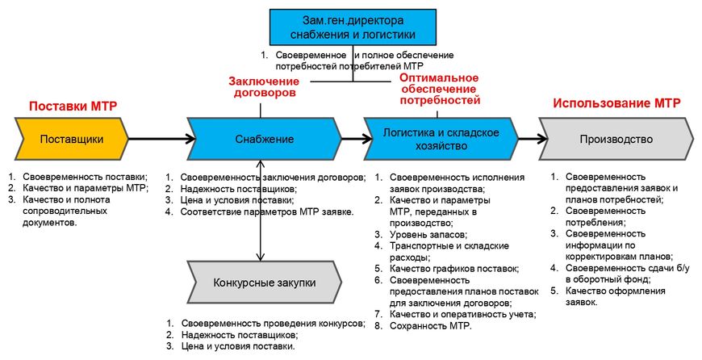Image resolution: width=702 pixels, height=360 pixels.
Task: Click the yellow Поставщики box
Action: [72, 139]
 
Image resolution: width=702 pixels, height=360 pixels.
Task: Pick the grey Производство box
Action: [615, 139]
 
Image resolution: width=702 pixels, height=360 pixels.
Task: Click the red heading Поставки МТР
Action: [70, 106]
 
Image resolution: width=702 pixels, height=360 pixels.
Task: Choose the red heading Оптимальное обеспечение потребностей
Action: [440, 89]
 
